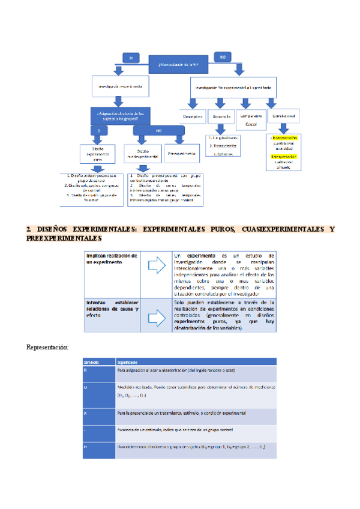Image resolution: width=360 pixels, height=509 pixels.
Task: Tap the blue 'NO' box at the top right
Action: (x=221, y=57)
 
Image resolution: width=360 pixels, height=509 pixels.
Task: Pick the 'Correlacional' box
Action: (x=285, y=115)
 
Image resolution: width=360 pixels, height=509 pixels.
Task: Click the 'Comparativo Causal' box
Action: (x=253, y=118)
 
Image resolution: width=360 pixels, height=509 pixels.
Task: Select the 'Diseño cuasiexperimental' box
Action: (x=143, y=154)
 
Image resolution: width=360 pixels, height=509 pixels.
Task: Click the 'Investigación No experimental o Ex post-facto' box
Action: (x=233, y=86)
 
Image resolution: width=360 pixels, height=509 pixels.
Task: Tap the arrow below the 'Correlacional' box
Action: (x=285, y=129)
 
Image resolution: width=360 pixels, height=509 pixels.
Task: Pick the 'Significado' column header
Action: (x=127, y=362)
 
